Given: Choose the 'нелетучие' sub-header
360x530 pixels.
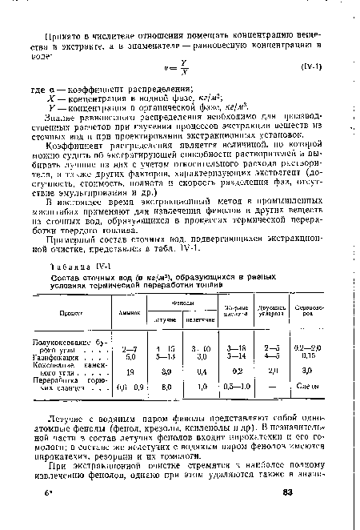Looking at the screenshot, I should click(x=204, y=319).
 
